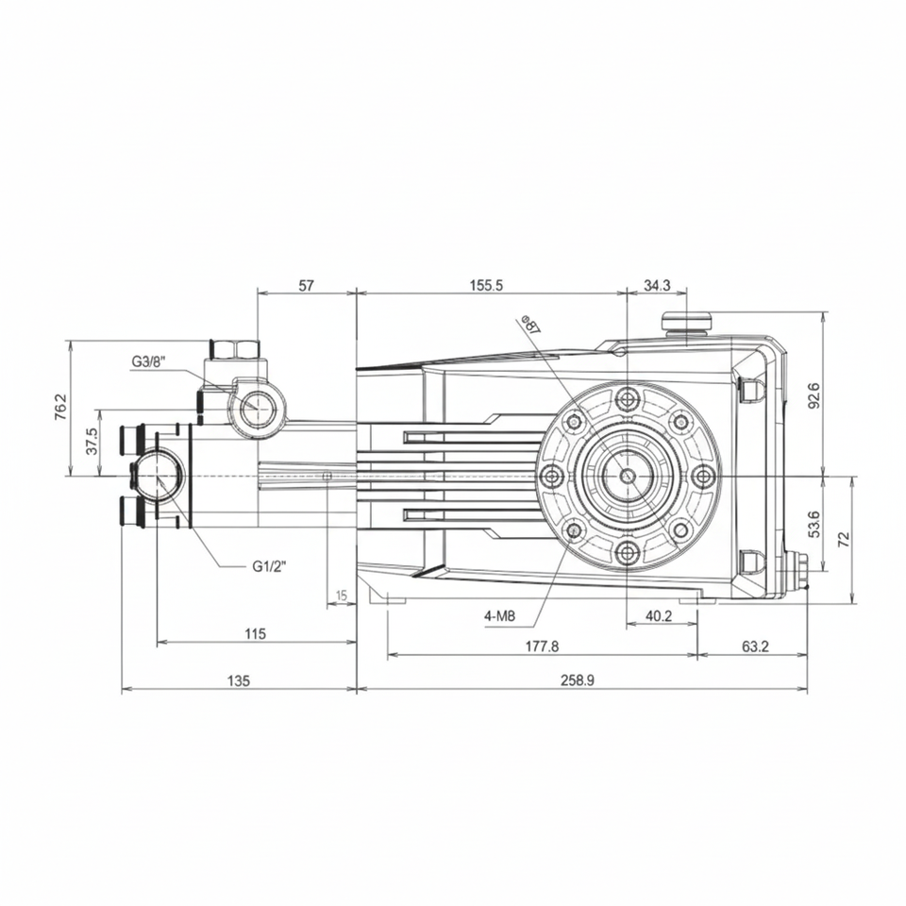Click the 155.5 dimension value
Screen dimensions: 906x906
pyautogui.click(x=487, y=285)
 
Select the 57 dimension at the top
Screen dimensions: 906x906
pyautogui.click(x=306, y=285)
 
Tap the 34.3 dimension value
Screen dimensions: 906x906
pyautogui.click(x=657, y=285)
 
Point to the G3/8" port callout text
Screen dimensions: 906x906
pyautogui.click(x=148, y=361)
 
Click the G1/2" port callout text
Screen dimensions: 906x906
pyautogui.click(x=269, y=566)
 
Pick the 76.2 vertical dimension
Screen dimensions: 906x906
pyautogui.click(x=61, y=407)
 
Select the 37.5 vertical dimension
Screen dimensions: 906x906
pyautogui.click(x=92, y=442)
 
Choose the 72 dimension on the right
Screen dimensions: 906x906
pyautogui.click(x=844, y=540)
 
